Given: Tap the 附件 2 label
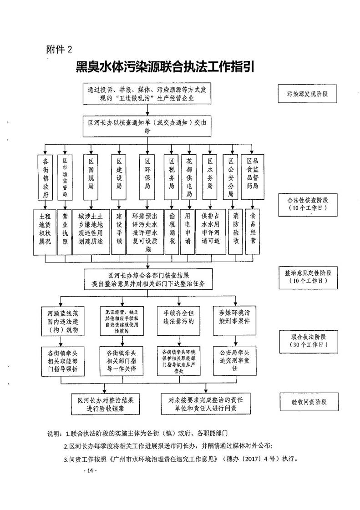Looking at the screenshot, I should [59, 49].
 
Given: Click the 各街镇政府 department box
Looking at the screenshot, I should [46, 177].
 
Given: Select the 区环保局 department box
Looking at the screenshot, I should [147, 177].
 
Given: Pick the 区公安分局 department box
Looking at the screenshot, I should [231, 177].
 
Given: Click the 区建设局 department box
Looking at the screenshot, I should [119, 177].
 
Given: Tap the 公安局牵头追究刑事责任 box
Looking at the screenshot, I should [235, 360].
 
